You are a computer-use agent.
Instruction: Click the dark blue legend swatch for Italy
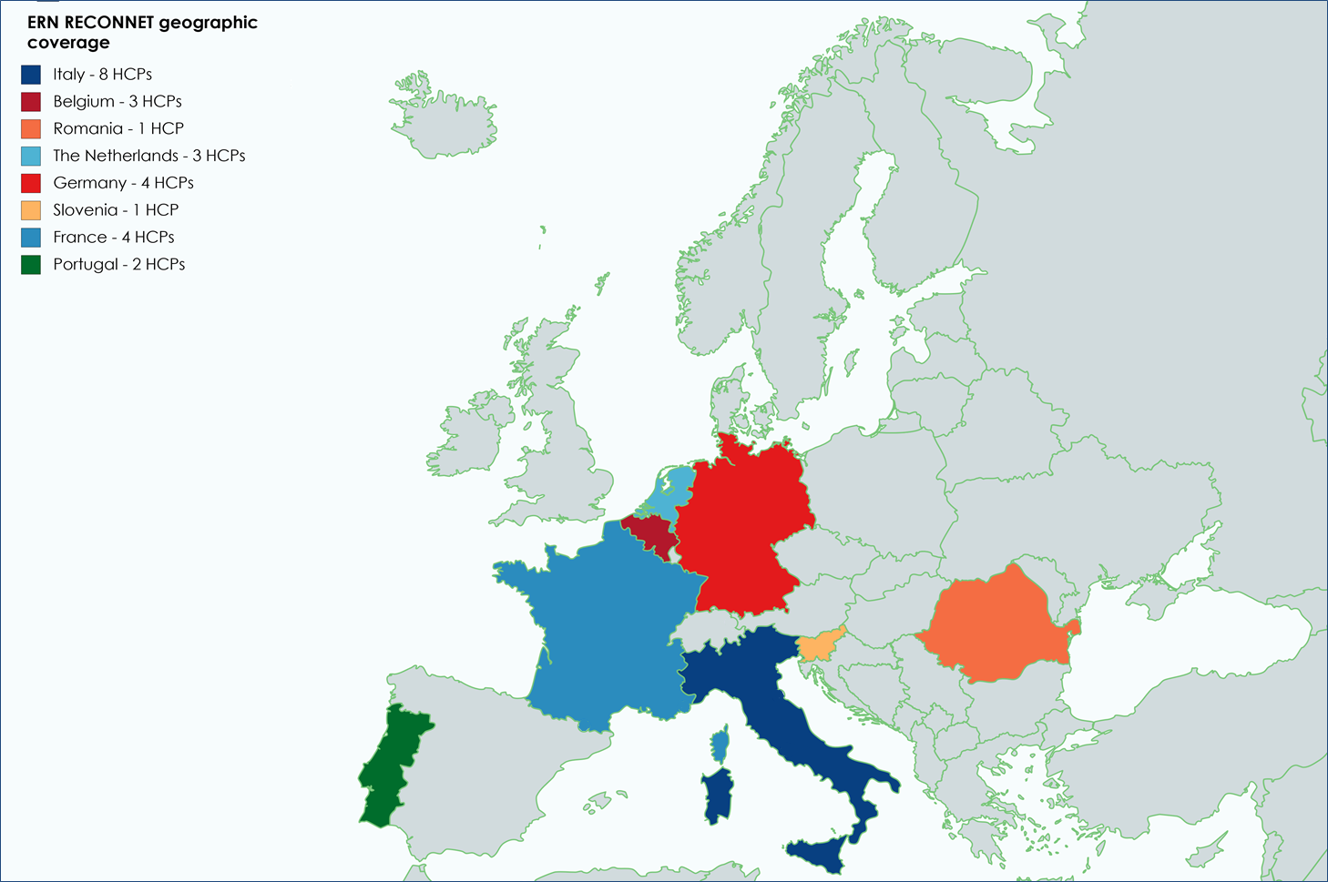click(x=31, y=75)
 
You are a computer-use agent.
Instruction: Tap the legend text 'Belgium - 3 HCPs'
click(x=117, y=101)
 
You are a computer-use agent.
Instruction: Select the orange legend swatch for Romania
click(x=31, y=128)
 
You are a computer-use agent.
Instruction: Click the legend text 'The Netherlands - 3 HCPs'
click(x=149, y=156)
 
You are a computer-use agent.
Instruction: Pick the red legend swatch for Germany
click(x=31, y=183)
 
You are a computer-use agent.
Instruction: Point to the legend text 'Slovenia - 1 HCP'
click(x=116, y=210)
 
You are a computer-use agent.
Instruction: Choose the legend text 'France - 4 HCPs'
click(x=114, y=238)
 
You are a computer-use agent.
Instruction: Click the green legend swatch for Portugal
click(x=31, y=265)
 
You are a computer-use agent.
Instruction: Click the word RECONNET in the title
click(x=108, y=23)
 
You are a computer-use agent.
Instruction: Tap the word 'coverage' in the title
click(x=68, y=43)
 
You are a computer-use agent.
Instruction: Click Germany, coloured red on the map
click(x=742, y=528)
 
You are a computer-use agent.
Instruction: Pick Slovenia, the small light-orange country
click(x=818, y=645)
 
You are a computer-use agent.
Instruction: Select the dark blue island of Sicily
click(x=820, y=854)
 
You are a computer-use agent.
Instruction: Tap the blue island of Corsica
click(x=720, y=745)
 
